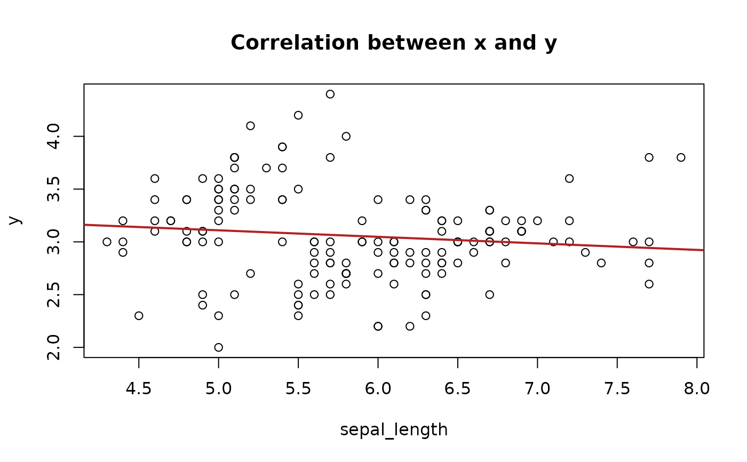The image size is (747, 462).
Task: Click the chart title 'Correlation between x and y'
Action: pyautogui.click(x=394, y=43)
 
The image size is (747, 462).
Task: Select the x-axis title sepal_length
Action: pyautogui.click(x=394, y=429)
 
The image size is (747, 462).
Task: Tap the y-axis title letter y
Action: pyautogui.click(x=17, y=220)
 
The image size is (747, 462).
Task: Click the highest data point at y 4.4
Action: pyautogui.click(x=330, y=94)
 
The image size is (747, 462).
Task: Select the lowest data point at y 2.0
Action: pyautogui.click(x=218, y=347)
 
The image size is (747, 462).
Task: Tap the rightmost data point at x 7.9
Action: pyautogui.click(x=681, y=157)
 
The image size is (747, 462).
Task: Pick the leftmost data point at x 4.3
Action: pyautogui.click(x=107, y=242)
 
